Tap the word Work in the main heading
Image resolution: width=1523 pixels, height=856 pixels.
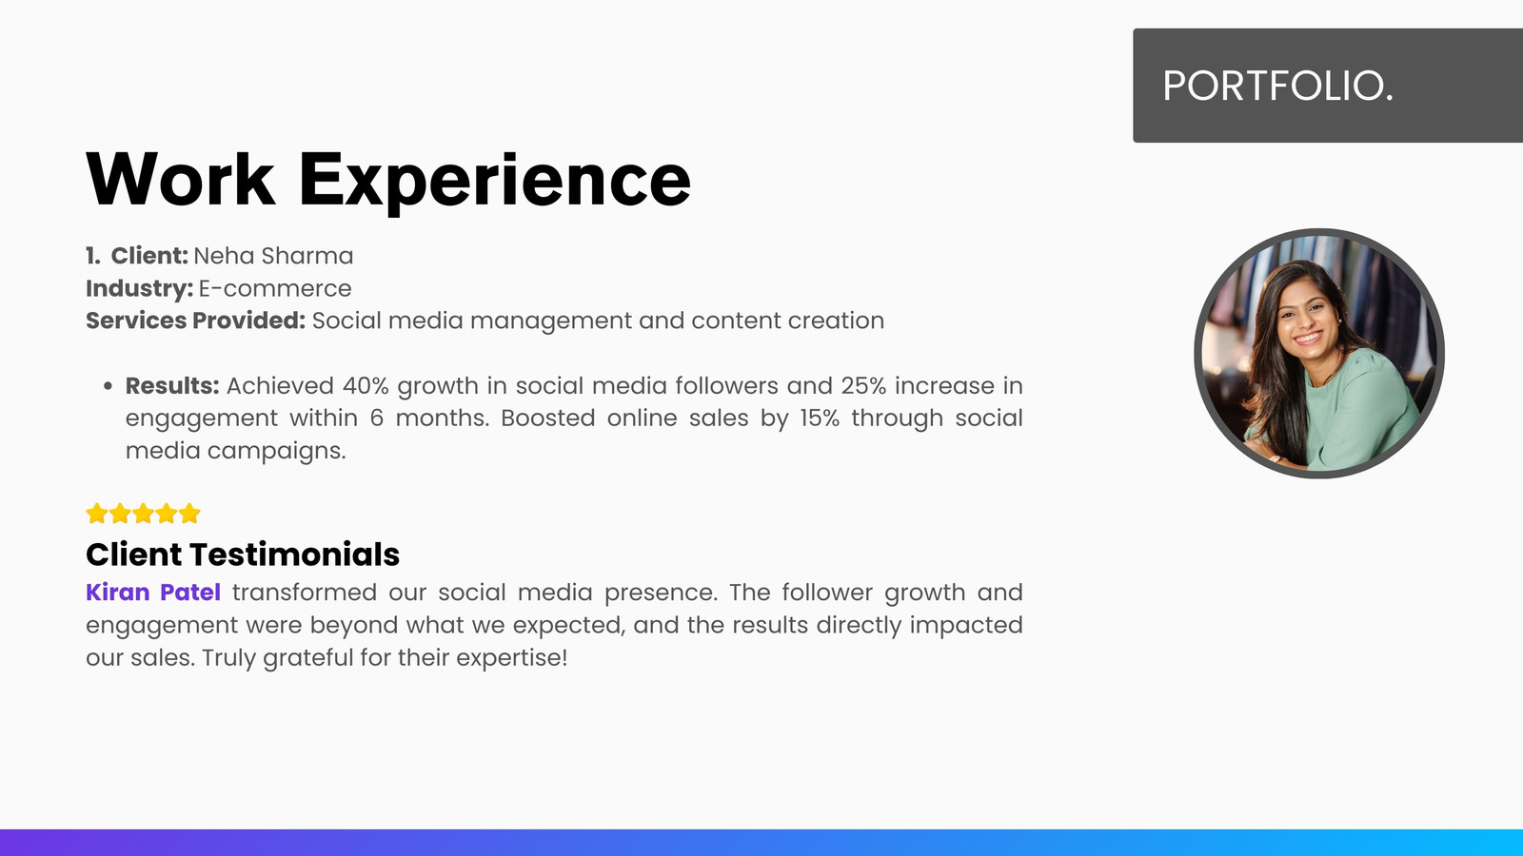pos(181,179)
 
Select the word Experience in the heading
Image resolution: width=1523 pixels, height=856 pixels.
pos(495,182)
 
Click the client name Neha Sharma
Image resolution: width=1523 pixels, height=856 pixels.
pos(273,256)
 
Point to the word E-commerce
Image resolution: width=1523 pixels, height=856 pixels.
pos(275,289)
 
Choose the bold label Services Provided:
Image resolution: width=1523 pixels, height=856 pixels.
pos(196,321)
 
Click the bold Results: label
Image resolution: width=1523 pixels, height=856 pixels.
pos(172,386)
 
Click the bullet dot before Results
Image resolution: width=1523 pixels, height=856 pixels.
pos(109,386)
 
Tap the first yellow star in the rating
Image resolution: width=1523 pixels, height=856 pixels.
pos(96,514)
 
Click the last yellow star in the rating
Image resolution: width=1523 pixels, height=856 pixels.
pos(189,514)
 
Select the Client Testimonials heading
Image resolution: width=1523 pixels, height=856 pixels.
pos(243,554)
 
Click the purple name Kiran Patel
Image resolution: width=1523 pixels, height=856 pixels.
pos(153,593)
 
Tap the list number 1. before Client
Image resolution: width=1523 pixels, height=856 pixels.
pos(93,256)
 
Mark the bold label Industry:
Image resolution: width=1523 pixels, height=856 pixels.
pos(139,289)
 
